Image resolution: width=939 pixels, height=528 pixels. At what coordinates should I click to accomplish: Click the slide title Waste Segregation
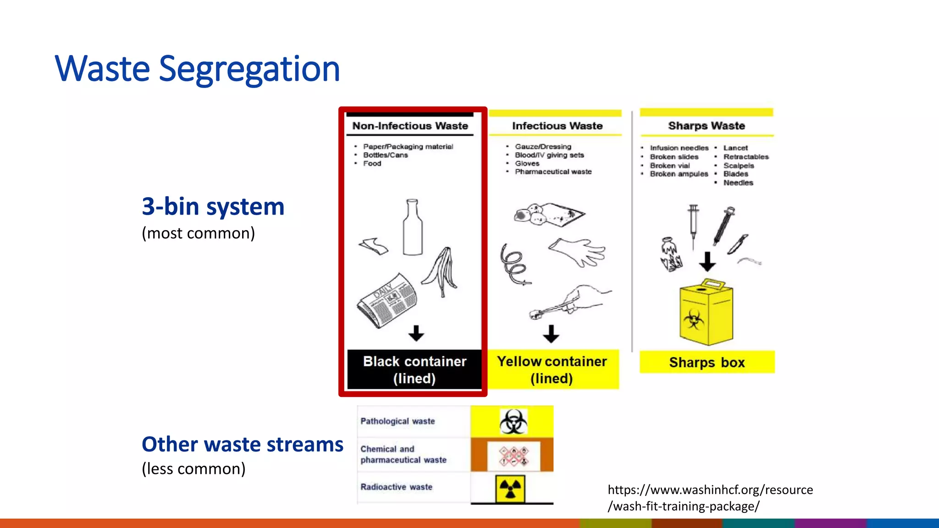pyautogui.click(x=197, y=69)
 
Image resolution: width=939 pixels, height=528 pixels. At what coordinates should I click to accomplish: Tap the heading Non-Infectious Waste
pyautogui.click(x=410, y=126)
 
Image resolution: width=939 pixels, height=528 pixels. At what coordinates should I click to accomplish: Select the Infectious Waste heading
pyautogui.click(x=557, y=126)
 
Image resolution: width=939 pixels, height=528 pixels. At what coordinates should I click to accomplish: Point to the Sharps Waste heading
pyautogui.click(x=706, y=126)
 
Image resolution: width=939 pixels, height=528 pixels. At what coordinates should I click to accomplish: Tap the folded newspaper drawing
pyautogui.click(x=387, y=300)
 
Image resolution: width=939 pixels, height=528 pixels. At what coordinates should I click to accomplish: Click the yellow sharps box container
pyautogui.click(x=706, y=314)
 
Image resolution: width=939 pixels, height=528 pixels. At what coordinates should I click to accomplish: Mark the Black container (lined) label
pyautogui.click(x=414, y=369)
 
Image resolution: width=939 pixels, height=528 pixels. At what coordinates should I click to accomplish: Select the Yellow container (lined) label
pyautogui.click(x=552, y=369)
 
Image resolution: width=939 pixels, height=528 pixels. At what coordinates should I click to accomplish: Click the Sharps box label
pyautogui.click(x=707, y=363)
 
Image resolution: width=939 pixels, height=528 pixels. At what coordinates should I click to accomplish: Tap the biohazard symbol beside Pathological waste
pyautogui.click(x=513, y=421)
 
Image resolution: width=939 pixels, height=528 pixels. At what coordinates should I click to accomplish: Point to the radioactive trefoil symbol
pyautogui.click(x=510, y=489)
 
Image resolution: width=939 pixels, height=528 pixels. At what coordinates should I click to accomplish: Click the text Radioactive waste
pyautogui.click(x=396, y=487)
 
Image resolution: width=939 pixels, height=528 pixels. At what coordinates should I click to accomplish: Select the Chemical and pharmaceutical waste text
pyautogui.click(x=403, y=454)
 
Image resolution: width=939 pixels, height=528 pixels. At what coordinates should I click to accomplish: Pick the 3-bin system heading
pyautogui.click(x=213, y=207)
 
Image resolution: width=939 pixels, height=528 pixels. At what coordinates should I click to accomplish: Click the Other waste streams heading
pyautogui.click(x=242, y=445)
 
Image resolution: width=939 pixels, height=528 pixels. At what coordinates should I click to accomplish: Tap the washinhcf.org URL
pyautogui.click(x=710, y=498)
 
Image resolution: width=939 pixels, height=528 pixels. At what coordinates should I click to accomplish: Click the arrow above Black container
pyautogui.click(x=416, y=333)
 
